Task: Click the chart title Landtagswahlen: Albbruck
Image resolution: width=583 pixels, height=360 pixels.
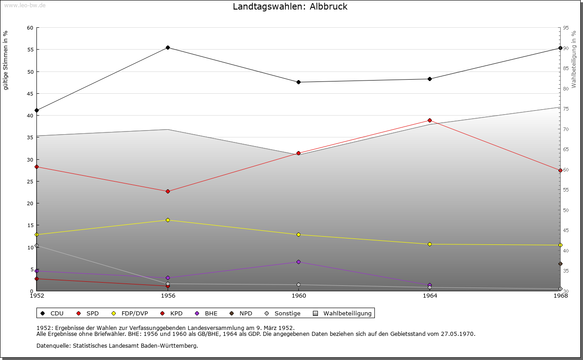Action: pyautogui.click(x=290, y=6)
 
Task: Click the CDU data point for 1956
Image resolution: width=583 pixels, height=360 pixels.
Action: pyautogui.click(x=168, y=47)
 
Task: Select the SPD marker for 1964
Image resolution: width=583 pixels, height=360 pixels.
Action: pyautogui.click(x=430, y=120)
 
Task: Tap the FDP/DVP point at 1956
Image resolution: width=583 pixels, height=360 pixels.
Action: pyautogui.click(x=168, y=220)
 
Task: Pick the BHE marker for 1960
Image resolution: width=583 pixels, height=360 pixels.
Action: pyautogui.click(x=299, y=262)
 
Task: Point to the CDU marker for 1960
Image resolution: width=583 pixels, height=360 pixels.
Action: pyautogui.click(x=299, y=82)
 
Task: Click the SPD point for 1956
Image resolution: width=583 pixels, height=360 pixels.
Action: pyautogui.click(x=168, y=191)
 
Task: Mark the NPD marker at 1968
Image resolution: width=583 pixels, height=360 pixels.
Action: pyautogui.click(x=560, y=264)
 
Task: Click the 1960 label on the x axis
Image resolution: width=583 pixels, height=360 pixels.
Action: pyautogui.click(x=299, y=295)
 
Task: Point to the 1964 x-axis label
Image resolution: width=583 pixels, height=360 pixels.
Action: pyautogui.click(x=430, y=295)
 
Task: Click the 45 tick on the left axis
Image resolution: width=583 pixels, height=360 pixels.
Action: pyautogui.click(x=30, y=94)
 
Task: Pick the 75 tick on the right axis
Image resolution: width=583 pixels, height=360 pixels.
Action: pyautogui.click(x=566, y=109)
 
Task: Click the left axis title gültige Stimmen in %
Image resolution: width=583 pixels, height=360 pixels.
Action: pyautogui.click(x=6, y=60)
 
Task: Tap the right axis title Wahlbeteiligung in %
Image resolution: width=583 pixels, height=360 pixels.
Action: pyautogui.click(x=574, y=60)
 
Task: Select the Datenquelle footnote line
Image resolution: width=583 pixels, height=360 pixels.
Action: pyautogui.click(x=117, y=345)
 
